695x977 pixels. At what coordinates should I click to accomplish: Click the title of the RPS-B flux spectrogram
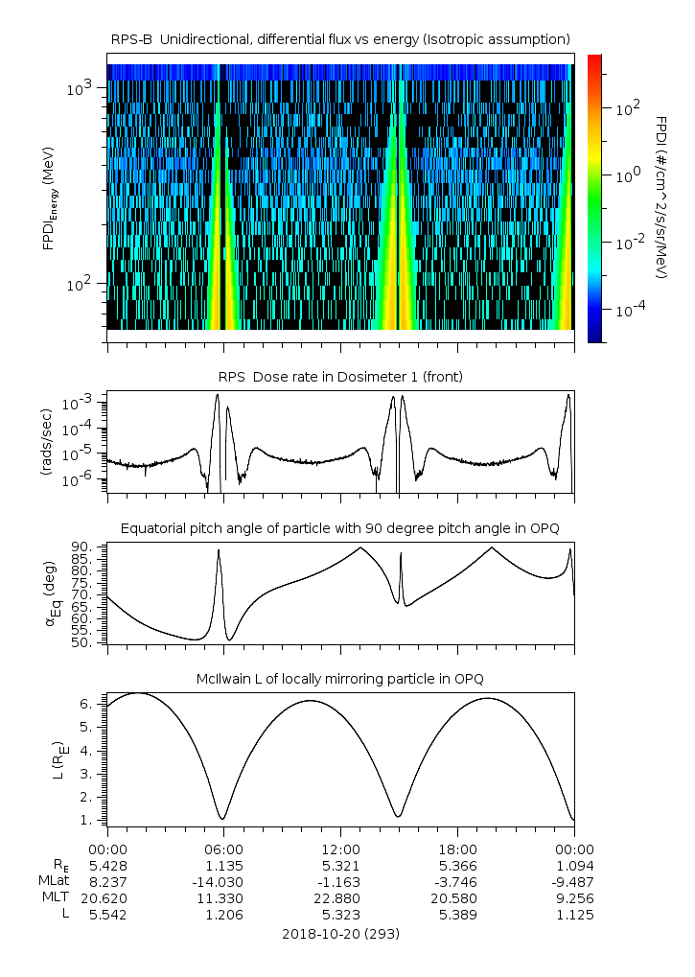tap(340, 38)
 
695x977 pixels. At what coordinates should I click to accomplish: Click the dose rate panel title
tap(340, 377)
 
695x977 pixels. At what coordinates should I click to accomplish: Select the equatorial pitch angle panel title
tap(340, 528)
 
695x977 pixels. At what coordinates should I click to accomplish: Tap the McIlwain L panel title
tap(340, 679)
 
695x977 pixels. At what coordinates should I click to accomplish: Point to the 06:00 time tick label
tap(223, 849)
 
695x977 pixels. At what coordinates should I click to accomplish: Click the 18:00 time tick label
tap(457, 849)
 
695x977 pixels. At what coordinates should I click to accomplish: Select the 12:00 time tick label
tap(340, 849)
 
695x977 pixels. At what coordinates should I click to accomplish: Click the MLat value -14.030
tap(223, 882)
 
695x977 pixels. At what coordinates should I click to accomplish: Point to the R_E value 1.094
tap(574, 866)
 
